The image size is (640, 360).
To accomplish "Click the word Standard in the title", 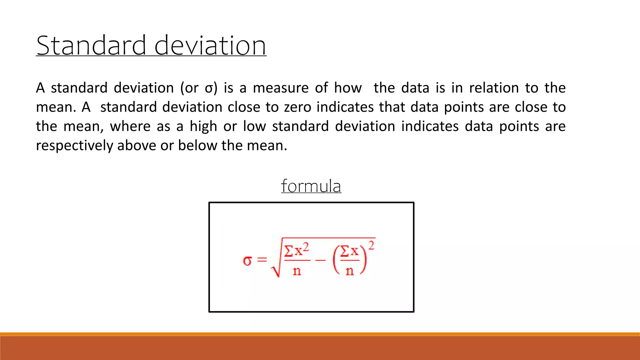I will pos(91,46).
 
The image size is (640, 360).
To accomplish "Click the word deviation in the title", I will pos(210,46).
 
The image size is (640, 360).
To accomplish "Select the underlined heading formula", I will pos(311,186).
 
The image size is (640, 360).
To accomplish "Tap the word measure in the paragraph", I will pos(280,88).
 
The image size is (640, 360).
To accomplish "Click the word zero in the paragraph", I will pos(297,107).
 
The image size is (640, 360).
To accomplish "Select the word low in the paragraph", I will pos(254,127).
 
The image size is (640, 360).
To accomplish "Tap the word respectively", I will pos(74,146).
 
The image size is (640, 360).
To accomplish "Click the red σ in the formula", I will pos(247,261).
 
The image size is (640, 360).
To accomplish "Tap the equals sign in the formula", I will pos(262,260).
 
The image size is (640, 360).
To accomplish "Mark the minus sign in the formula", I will pos(320,260).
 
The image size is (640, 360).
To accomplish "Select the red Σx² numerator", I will pos(297,250).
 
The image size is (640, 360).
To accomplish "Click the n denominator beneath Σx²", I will pos(297,271).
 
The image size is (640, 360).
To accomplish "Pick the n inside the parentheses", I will pos(350,271).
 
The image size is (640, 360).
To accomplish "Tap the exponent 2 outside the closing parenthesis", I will pos(371,246).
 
